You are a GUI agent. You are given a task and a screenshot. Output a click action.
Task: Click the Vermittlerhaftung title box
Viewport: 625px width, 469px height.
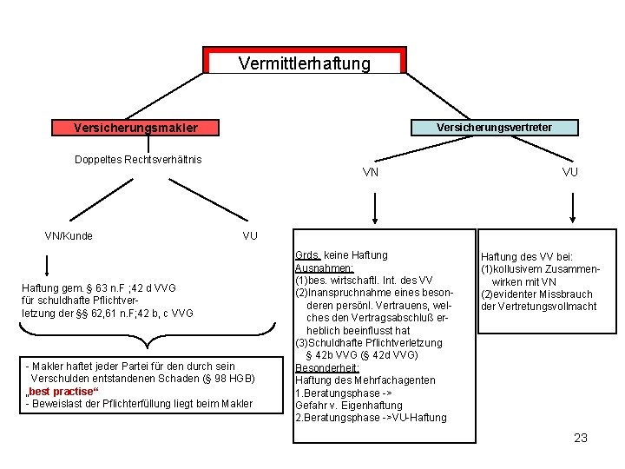click(x=304, y=63)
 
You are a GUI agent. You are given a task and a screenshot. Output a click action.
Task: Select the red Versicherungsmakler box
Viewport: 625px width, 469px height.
click(x=135, y=128)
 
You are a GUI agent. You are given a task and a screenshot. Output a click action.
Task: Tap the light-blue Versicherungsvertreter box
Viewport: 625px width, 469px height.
click(x=494, y=128)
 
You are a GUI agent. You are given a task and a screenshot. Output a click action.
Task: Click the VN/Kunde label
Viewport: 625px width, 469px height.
click(x=69, y=235)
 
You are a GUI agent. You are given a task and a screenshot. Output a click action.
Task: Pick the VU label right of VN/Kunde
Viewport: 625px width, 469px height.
click(x=250, y=235)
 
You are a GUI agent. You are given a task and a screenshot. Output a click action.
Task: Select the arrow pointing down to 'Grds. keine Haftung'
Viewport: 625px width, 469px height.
click(x=374, y=208)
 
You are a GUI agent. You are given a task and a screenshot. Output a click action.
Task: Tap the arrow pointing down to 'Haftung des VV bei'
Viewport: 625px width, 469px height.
click(x=571, y=208)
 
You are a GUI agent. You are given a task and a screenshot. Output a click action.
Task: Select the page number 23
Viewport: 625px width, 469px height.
click(x=581, y=438)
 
